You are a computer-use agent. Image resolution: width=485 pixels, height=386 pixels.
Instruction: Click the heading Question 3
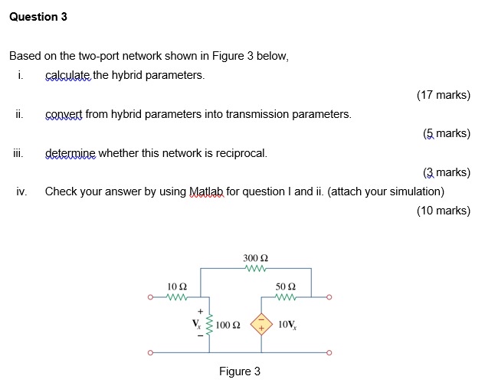tap(38, 17)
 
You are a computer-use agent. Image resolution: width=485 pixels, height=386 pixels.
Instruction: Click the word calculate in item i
tap(67, 75)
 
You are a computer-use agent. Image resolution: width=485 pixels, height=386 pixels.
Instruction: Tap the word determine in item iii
tap(70, 153)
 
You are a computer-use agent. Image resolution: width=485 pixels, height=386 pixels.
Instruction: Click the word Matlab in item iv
tap(206, 191)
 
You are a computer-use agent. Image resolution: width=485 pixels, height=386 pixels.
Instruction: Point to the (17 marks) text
tap(443, 95)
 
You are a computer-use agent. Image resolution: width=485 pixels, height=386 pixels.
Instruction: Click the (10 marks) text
tap(443, 211)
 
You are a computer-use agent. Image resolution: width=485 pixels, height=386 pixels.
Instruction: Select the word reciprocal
tap(242, 153)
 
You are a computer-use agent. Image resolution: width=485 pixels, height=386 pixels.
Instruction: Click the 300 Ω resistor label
tap(256, 258)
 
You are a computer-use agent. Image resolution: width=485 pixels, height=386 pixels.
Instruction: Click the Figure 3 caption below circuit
tap(240, 371)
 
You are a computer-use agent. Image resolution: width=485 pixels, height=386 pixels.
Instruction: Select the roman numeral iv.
tap(21, 191)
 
